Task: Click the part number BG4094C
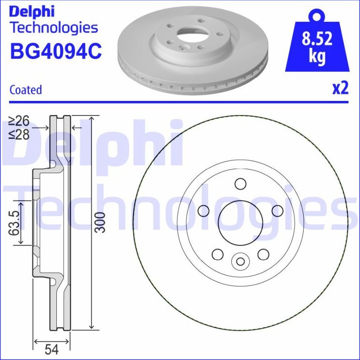[x=55, y=51]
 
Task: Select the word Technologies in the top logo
[x=54, y=27]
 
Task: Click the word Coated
[x=25, y=90]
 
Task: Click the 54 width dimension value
[x=52, y=350]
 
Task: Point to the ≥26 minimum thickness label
[x=18, y=121]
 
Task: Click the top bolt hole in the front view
[x=240, y=184]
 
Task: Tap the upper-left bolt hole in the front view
[x=204, y=210]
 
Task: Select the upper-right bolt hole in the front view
[x=276, y=210]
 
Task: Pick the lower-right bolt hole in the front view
[x=263, y=254]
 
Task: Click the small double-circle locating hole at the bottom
[x=240, y=261]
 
